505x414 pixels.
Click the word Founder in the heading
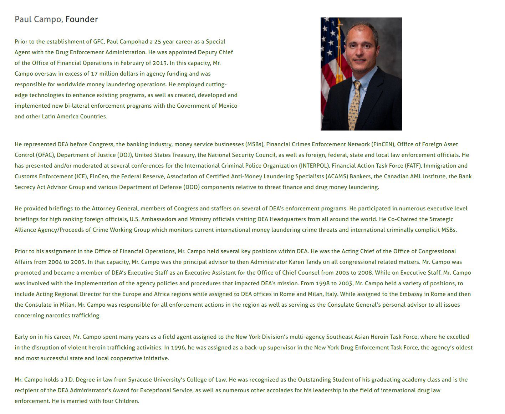tap(81, 19)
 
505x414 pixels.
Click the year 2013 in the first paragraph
tap(160, 63)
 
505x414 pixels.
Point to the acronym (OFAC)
tap(45, 155)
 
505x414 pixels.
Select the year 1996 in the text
tap(178, 348)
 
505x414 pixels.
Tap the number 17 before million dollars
tap(94, 74)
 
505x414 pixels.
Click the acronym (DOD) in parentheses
tap(192, 187)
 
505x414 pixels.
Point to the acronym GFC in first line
tap(98, 42)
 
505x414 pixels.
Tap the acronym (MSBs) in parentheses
tap(255, 144)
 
